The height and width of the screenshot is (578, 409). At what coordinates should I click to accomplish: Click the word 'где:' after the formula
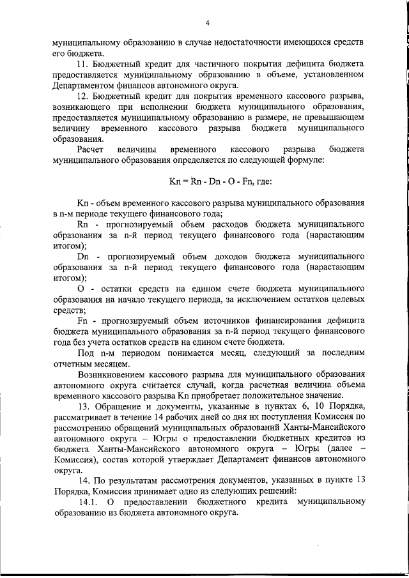262,181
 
